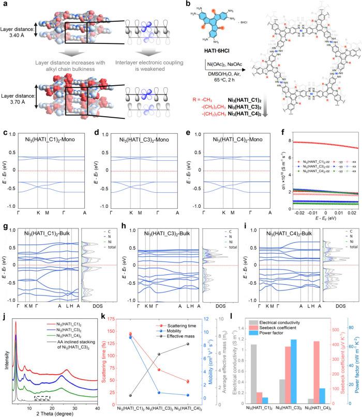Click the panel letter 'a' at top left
tap(4, 4)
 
